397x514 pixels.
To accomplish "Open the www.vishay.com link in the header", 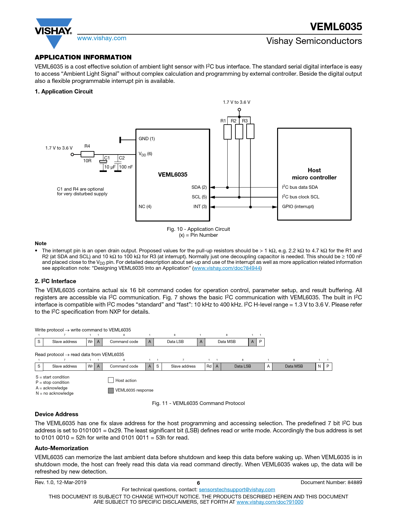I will (102, 38).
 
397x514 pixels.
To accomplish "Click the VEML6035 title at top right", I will (336, 27).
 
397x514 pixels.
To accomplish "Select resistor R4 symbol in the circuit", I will (87, 154).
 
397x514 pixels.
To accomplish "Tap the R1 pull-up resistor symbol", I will (228, 132).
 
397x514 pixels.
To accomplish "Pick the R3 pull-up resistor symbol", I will (250, 131).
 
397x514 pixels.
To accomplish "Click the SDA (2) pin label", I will (199, 187).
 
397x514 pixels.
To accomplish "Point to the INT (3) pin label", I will (200, 207).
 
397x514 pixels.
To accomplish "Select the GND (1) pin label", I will (147, 139).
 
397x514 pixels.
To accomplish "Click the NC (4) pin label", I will (145, 207).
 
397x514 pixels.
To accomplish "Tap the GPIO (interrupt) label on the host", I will (298, 207).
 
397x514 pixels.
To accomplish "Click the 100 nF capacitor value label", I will (126, 167).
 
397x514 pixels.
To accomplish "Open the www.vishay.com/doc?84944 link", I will (227, 268).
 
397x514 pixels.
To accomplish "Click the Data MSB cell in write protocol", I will (227, 342).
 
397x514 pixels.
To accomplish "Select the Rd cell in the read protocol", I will (209, 366).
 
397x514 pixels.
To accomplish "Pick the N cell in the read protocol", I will (319, 366).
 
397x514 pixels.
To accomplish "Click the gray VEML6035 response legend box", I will (111, 390).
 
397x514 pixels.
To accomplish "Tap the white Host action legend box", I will (111, 380).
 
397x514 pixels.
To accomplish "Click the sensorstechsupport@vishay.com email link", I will (237, 490).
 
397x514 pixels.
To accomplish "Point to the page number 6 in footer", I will (198, 483).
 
